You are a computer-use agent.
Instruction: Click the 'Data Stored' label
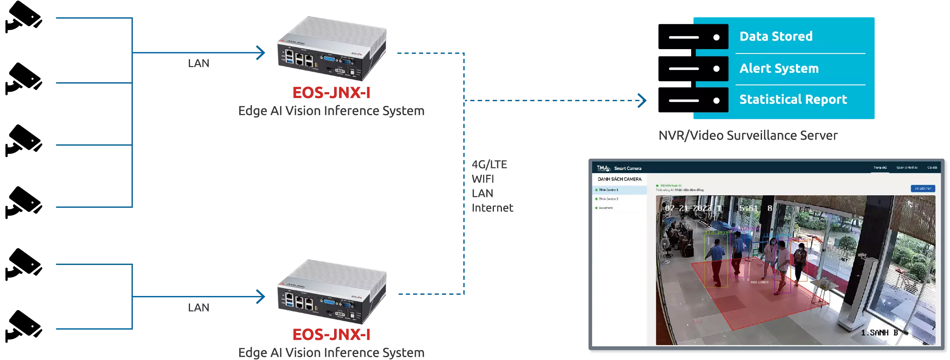[x=776, y=36]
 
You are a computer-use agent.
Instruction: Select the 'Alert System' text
[x=779, y=68]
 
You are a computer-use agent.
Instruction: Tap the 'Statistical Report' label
[x=793, y=99]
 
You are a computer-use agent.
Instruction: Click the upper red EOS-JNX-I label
[x=331, y=92]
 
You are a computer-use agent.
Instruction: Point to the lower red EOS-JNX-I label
[x=331, y=335]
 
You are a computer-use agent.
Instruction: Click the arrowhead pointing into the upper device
[x=262, y=53]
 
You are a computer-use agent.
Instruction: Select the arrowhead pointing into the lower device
[x=262, y=297]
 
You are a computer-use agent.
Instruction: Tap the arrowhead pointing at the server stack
[x=642, y=101]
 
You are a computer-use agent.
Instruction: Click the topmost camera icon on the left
[x=23, y=19]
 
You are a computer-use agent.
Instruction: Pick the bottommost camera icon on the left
[x=23, y=327]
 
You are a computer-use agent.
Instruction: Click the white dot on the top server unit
[x=716, y=37]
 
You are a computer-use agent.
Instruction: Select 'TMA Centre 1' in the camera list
[x=608, y=190]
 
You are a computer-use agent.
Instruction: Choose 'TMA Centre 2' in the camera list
[x=608, y=199]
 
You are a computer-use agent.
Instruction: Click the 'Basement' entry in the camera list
[x=606, y=208]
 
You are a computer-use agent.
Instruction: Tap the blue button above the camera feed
[x=923, y=188]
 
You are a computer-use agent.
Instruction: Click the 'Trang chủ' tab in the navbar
[x=880, y=168]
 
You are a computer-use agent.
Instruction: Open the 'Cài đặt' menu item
[x=932, y=168]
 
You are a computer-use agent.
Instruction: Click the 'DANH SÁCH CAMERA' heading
[x=620, y=179]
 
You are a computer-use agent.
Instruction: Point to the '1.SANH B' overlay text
[x=879, y=333]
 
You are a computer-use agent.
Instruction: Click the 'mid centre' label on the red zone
[x=759, y=282]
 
